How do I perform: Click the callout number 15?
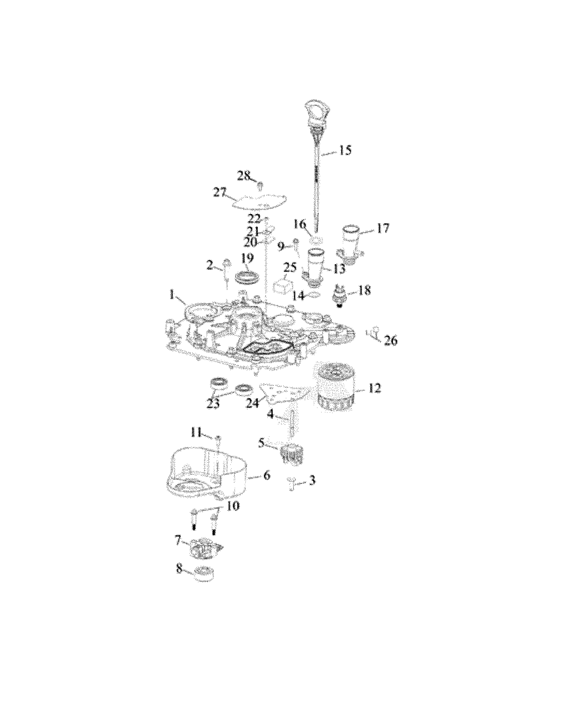pos(345,150)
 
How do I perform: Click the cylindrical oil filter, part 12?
pos(331,389)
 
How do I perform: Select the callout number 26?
pos(390,340)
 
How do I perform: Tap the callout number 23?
pos(213,403)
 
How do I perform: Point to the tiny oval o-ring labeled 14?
pos(315,294)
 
